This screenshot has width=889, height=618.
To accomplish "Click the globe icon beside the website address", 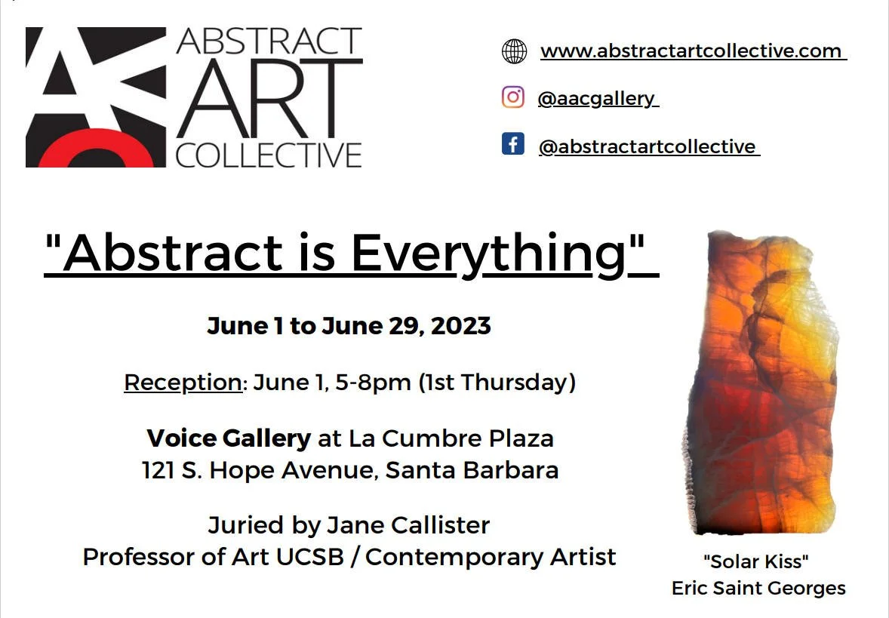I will [514, 51].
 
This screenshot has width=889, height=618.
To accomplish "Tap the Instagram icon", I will [513, 97].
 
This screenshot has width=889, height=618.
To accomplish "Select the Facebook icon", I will [513, 143].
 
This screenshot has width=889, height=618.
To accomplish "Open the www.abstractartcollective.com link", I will [692, 51].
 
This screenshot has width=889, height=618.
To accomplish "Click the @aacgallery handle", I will [597, 98].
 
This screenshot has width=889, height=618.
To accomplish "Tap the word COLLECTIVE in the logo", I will [269, 154].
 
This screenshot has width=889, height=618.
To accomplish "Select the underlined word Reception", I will [183, 383].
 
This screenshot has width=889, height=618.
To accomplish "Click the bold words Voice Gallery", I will [229, 438].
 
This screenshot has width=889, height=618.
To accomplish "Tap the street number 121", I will [158, 470].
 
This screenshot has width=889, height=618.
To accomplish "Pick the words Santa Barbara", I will [472, 470].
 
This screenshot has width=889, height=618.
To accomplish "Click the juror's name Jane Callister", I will [408, 524].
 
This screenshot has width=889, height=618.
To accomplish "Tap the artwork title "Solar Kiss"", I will [756, 561].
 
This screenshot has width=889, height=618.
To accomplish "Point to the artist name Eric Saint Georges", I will [758, 588].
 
